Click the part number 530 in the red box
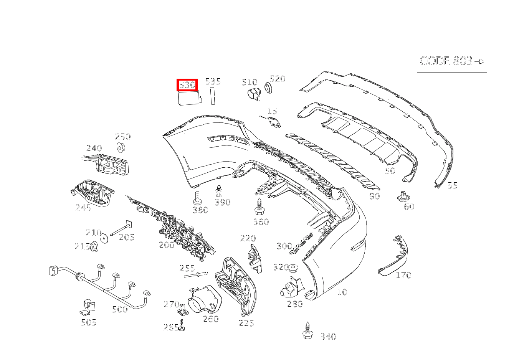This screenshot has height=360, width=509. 187,85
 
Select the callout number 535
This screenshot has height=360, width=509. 213,81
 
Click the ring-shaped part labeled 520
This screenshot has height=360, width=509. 269,89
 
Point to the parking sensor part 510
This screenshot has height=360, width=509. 253,94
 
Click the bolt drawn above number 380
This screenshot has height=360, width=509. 197,198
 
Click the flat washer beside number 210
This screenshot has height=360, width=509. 104,238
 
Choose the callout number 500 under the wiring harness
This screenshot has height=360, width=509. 120,309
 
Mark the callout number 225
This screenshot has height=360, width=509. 246,323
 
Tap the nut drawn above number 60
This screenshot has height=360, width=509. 402,197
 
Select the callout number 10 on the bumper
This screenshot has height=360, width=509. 342,292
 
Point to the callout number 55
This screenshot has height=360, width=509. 453,185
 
